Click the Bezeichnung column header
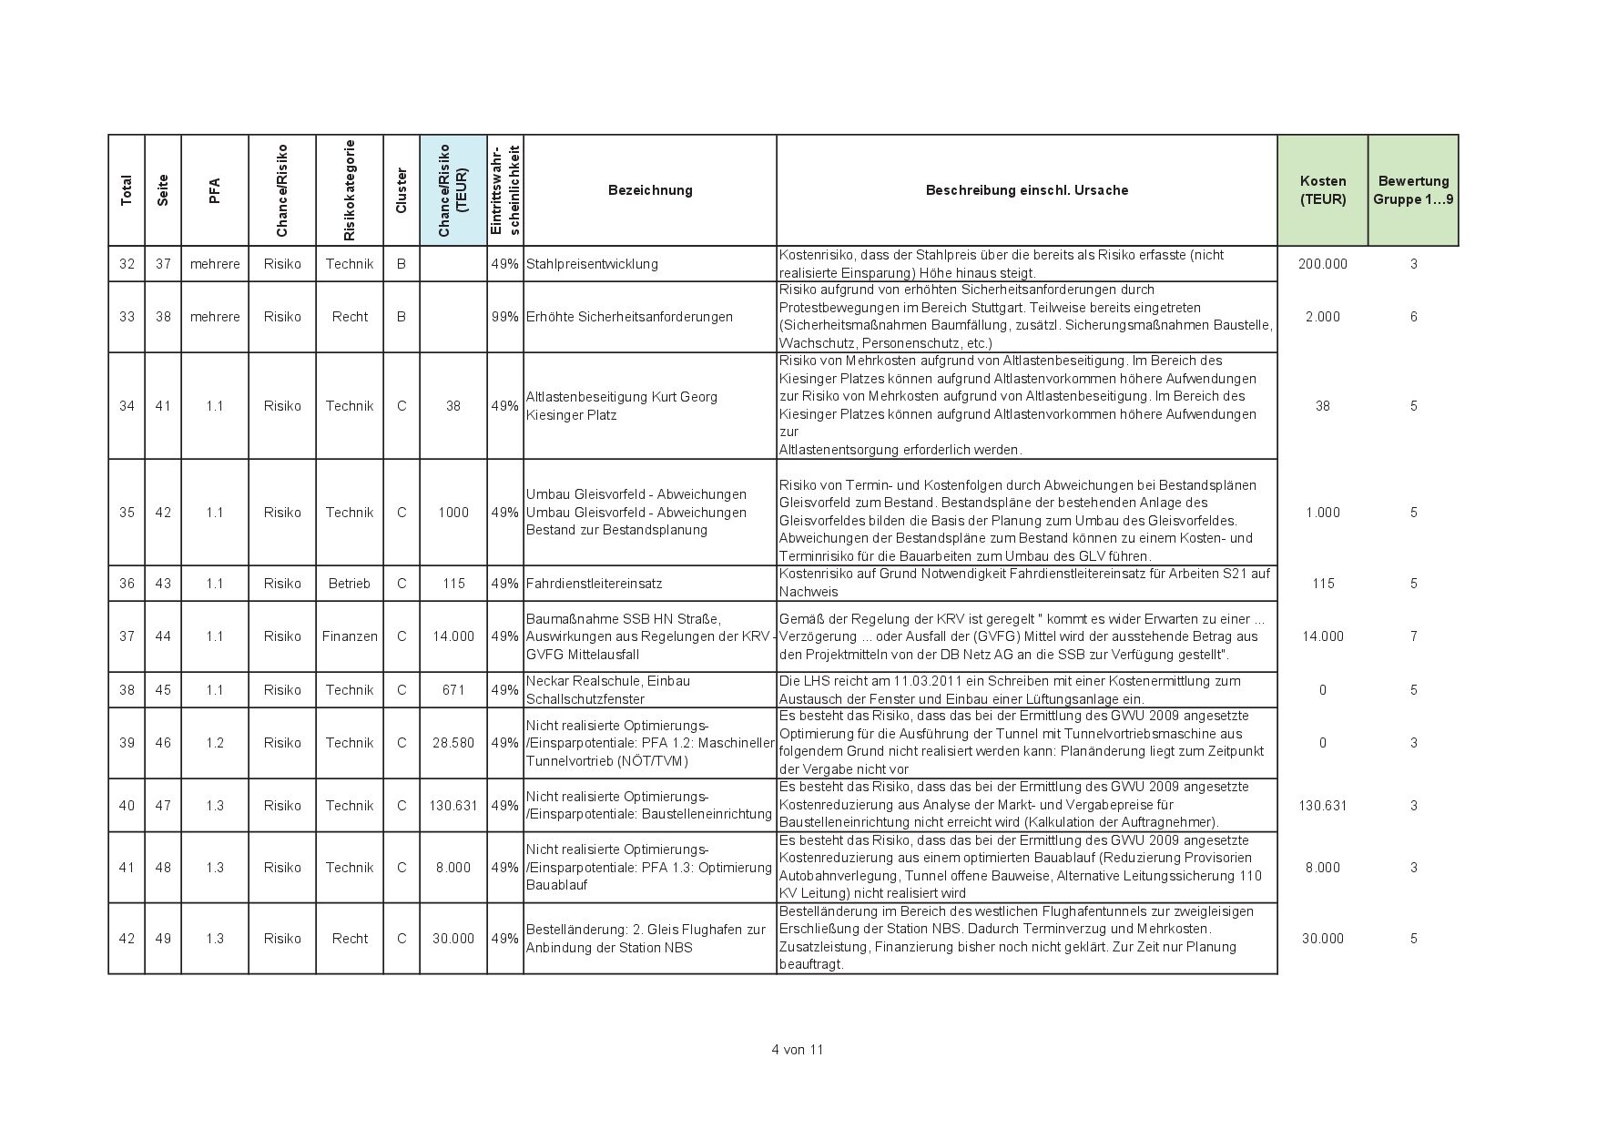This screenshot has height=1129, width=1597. [x=650, y=190]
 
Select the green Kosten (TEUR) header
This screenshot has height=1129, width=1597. [x=1322, y=190]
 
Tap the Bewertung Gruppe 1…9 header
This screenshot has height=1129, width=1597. [x=1413, y=190]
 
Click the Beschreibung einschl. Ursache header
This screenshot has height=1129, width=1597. [x=1026, y=190]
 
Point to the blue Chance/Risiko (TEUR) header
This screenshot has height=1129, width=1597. [x=453, y=190]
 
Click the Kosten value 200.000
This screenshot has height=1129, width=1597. [x=1322, y=264]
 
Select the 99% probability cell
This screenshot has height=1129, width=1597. [x=504, y=317]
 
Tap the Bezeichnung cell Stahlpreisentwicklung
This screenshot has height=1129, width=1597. [x=592, y=264]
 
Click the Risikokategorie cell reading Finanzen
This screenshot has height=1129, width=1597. [x=350, y=636]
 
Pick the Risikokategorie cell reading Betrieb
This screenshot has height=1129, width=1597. [x=350, y=584]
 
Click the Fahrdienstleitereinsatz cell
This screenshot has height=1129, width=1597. [x=594, y=584]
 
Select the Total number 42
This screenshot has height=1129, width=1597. [x=127, y=939]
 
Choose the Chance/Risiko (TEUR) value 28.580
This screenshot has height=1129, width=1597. [x=453, y=743]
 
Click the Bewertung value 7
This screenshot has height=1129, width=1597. [x=1413, y=636]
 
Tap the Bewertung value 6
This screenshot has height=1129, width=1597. [x=1413, y=317]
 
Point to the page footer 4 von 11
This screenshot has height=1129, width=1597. [x=797, y=1050]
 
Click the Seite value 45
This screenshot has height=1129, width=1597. [x=163, y=690]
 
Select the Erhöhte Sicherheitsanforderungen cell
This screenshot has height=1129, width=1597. [x=629, y=317]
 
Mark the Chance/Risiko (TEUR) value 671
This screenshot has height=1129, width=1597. [x=453, y=690]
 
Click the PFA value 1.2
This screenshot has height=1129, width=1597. [x=215, y=743]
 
